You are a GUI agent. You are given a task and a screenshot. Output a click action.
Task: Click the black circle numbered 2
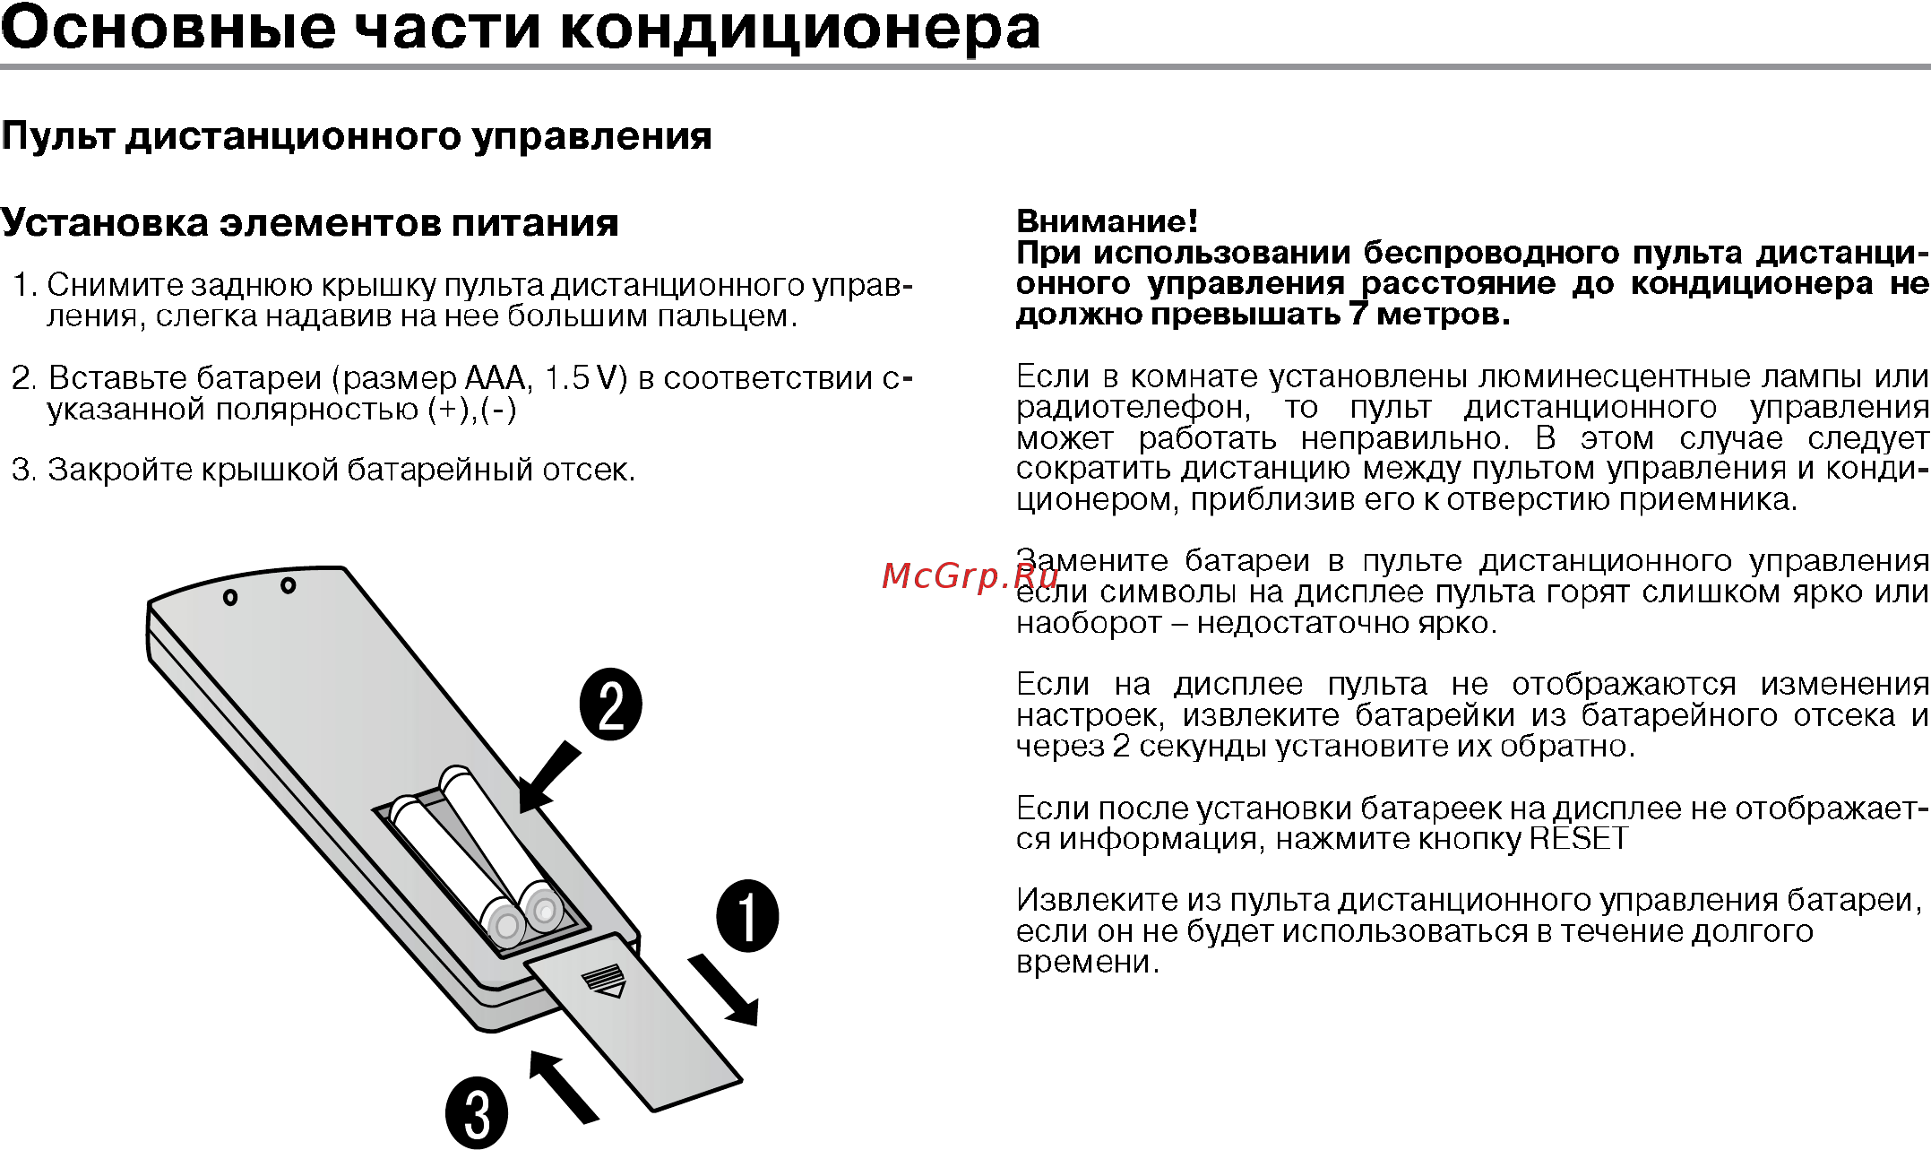(x=611, y=705)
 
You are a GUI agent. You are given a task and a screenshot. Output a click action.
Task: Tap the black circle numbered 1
(x=747, y=915)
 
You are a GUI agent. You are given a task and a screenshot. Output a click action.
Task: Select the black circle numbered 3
(x=477, y=1113)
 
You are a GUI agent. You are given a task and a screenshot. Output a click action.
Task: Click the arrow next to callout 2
(x=548, y=778)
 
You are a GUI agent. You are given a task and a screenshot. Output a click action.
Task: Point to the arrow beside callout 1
(x=724, y=990)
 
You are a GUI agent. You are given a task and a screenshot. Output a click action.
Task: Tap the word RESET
(x=1578, y=839)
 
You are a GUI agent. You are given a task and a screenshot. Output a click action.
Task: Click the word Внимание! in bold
(x=1107, y=220)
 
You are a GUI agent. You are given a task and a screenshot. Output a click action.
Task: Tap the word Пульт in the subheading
(x=58, y=136)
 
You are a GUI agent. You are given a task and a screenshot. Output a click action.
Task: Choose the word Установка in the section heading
(x=105, y=222)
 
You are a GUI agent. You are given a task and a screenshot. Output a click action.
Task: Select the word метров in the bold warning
(x=1443, y=315)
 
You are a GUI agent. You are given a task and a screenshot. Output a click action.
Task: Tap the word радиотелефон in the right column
(x=1133, y=408)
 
